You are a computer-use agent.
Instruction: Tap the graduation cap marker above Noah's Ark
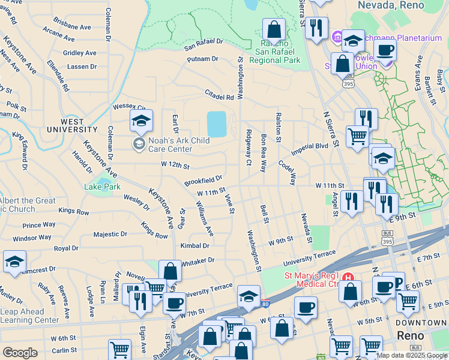click(141, 122)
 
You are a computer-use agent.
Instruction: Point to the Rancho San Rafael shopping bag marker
click(274, 29)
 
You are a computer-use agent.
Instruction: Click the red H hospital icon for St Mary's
click(348, 277)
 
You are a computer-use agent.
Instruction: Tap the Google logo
click(20, 352)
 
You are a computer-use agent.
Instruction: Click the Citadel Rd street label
click(219, 97)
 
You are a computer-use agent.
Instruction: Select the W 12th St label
click(175, 165)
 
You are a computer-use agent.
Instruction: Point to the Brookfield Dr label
click(203, 180)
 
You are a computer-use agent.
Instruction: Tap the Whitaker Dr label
click(197, 260)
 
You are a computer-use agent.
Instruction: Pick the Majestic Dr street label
click(110, 234)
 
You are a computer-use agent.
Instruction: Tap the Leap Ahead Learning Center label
click(29, 316)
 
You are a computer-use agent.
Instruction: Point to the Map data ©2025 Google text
click(411, 355)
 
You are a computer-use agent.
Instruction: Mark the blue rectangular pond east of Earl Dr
click(217, 124)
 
